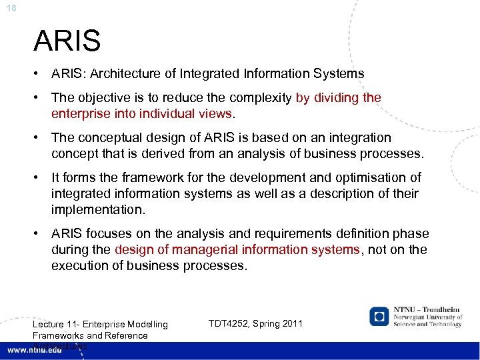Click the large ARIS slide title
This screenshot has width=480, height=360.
coord(67,41)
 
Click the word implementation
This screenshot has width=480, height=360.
coord(97,210)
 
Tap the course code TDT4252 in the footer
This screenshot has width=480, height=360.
coord(231,323)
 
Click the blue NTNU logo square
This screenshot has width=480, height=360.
coord(379,316)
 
